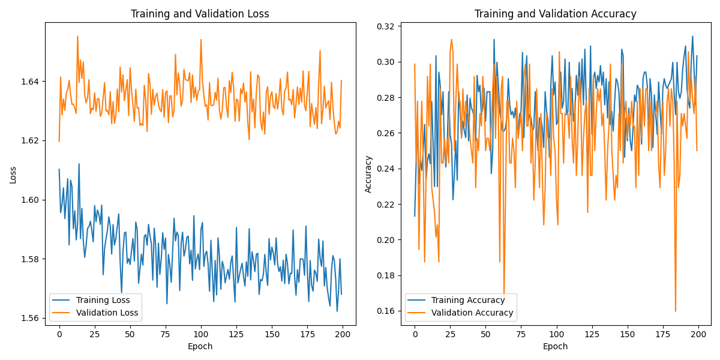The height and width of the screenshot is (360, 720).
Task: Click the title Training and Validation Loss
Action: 200,14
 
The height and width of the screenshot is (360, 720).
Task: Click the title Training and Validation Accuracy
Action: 555,14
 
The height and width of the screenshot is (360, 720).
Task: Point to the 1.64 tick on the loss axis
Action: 31,82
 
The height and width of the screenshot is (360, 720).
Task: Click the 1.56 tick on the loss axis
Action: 31,319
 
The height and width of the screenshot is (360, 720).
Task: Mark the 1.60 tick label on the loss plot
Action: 31,200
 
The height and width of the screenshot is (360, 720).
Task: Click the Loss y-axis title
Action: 13,175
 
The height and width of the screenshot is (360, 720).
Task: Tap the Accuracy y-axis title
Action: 368,174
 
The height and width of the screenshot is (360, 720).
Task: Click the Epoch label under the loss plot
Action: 200,346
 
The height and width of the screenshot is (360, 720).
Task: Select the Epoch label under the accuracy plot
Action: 555,346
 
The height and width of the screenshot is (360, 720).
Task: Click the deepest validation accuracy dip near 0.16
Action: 676,311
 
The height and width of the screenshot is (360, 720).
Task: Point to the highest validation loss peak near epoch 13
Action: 77,37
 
